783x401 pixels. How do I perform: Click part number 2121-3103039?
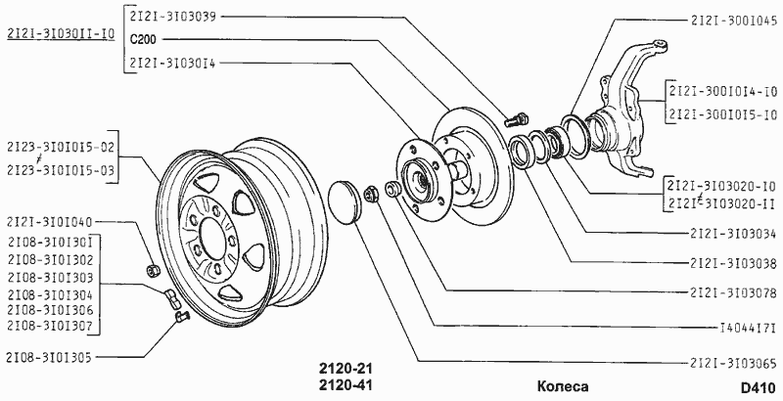coord(173,17)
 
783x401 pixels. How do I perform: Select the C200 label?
coord(142,39)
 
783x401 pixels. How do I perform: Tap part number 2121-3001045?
coord(734,21)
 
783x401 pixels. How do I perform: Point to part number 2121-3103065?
coord(733,363)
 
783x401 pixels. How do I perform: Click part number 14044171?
coord(748,328)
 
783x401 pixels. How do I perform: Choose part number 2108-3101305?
coord(49,358)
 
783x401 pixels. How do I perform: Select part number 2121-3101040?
coord(50,221)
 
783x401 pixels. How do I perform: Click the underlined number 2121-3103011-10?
coord(61,34)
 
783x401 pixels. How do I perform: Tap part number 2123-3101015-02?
coord(61,147)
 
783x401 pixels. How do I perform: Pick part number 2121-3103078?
coord(733,292)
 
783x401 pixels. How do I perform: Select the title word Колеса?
coord(563,386)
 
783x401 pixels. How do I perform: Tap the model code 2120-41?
coord(346,385)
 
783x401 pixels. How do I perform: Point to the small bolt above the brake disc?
coord(517,120)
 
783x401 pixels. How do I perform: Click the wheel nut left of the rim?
coord(153,270)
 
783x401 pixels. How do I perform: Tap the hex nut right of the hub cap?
coord(372,192)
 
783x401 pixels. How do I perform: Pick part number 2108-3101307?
coord(50,327)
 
